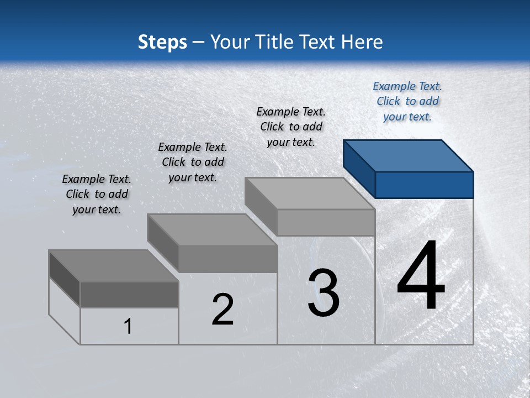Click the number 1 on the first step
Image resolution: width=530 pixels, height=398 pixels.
(x=128, y=326)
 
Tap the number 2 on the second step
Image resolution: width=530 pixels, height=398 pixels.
(x=222, y=310)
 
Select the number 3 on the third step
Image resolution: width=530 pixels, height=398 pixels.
(x=324, y=293)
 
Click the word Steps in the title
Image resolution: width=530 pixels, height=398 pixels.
(x=162, y=42)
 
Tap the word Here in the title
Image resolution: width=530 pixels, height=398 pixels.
(x=363, y=42)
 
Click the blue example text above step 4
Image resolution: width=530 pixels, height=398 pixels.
(x=407, y=101)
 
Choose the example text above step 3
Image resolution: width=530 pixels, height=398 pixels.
(x=291, y=127)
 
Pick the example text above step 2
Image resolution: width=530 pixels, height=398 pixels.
(x=193, y=162)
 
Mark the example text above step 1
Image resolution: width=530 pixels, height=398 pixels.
(x=97, y=194)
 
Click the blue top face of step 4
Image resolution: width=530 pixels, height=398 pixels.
(x=409, y=155)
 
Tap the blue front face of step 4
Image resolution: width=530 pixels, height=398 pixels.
(x=424, y=185)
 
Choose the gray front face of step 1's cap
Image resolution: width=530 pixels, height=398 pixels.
(x=129, y=294)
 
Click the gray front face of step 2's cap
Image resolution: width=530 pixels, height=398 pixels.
(x=227, y=259)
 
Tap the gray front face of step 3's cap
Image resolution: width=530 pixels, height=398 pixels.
(x=326, y=222)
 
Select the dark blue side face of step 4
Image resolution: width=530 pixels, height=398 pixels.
(x=359, y=169)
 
